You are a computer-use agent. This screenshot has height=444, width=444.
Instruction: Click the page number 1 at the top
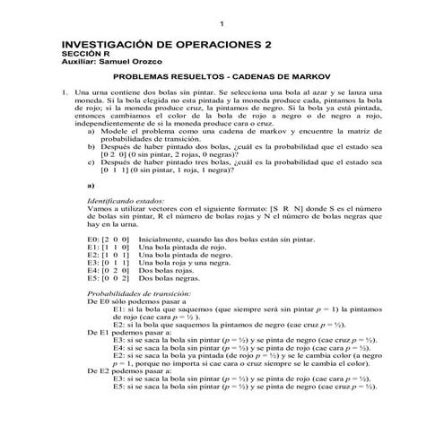(222, 22)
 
